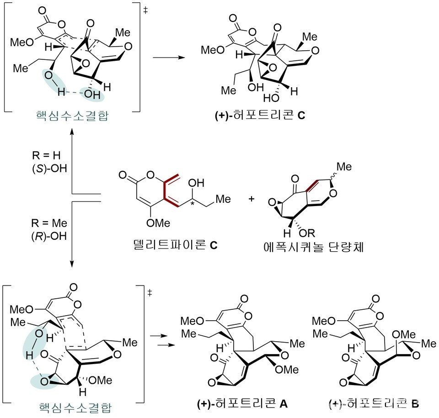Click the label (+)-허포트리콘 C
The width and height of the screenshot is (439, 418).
pyautogui.click(x=259, y=116)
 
